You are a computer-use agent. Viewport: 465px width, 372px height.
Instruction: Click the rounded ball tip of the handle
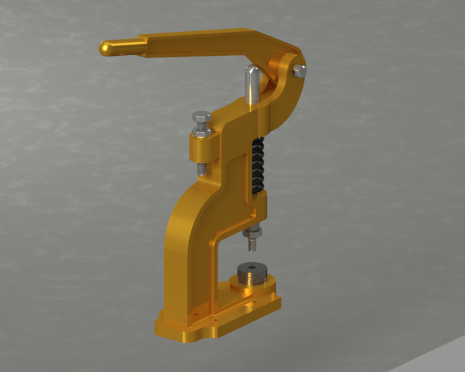(106, 48)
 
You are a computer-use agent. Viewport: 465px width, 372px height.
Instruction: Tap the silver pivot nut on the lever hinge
(299, 71)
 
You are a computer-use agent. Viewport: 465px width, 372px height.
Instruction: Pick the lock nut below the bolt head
(202, 133)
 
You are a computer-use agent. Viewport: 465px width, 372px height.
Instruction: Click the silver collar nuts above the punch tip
(254, 234)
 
